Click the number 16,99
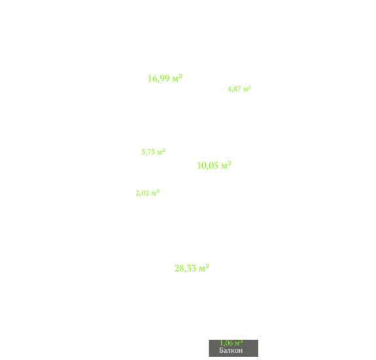pos(159,79)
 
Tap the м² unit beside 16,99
pos(177,78)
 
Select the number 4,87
pos(234,89)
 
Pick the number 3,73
pos(148,152)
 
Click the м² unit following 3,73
pos(161,152)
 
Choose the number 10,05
pos(208,166)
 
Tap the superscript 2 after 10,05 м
pos(229,163)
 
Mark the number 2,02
pos(143,193)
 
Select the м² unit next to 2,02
pos(155,192)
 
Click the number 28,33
pos(186,268)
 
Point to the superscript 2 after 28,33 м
pos(207,266)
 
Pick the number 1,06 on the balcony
pos(226,343)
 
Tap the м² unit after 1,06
pos(239,343)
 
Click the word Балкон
pos(231,350)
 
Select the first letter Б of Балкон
pos(221,350)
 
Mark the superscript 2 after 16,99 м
pos(180,76)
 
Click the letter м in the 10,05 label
pos(224,166)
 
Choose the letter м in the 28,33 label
pos(201,269)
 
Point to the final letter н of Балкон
pos(241,351)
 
